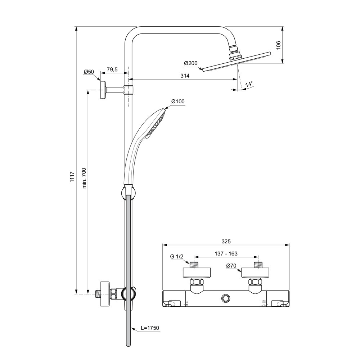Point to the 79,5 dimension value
point(112,69)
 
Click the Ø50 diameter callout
point(89,72)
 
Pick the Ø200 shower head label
point(190,63)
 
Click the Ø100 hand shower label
point(178,102)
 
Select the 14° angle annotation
point(249,84)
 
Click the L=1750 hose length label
point(150,328)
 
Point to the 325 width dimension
point(226,241)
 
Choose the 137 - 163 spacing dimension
point(226,253)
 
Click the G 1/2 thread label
point(177,257)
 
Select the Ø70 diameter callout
point(231,266)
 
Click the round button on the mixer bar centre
point(226,298)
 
